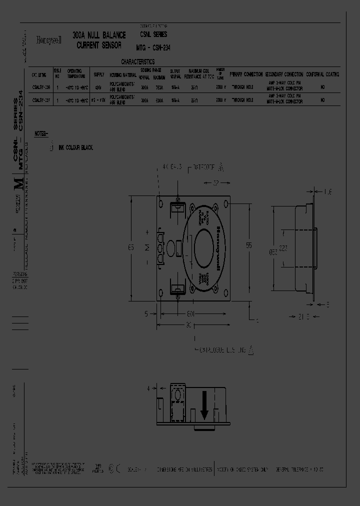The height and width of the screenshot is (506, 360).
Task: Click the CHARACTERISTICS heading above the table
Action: click(138, 62)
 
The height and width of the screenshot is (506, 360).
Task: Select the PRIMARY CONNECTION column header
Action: click(246, 74)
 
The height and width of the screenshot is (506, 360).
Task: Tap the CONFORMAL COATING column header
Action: click(322, 74)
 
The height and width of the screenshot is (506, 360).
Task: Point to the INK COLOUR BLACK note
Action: click(75, 148)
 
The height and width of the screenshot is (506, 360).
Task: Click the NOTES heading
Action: click(42, 134)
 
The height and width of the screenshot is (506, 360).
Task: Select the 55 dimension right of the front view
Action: click(248, 245)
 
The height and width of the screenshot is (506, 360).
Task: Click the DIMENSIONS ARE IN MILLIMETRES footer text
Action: click(184, 469)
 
